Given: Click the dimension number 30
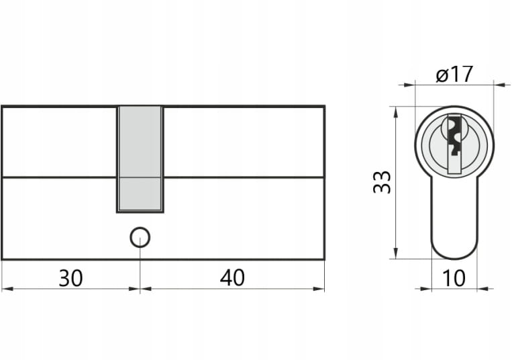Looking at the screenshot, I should [70, 277].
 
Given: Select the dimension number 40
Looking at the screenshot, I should [232, 277].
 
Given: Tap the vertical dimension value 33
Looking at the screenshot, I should [382, 182].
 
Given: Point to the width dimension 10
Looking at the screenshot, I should [454, 278].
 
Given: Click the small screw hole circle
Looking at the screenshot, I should [140, 238].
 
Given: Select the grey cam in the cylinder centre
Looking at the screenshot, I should [140, 159].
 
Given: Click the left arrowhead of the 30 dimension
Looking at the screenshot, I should [6, 289].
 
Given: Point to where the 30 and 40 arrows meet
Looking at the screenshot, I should [140, 289].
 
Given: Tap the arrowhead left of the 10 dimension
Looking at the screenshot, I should [426, 289].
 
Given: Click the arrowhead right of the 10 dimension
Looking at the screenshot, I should [482, 289].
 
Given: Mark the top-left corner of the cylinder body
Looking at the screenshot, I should [2, 107].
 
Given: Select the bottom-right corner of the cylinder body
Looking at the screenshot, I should [324, 259].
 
